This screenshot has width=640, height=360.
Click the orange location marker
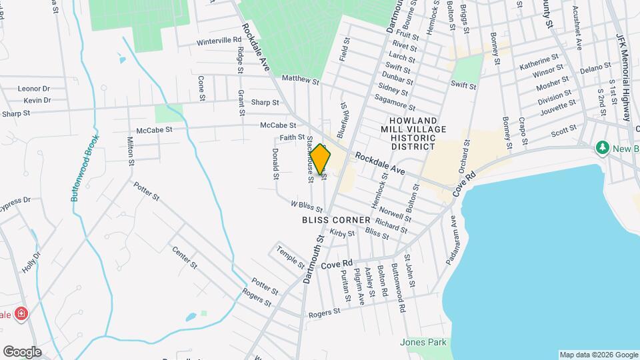click(321, 159)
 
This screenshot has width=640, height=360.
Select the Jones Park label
click(423, 342)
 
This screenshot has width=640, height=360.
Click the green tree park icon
click(603, 146)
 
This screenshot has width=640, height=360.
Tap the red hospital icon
click(21, 313)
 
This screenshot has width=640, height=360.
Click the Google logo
click(21, 352)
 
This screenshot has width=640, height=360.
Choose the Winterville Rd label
click(219, 41)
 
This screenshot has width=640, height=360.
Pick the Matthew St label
click(301, 79)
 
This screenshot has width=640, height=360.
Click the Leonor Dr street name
click(34, 88)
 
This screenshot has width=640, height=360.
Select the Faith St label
click(291, 137)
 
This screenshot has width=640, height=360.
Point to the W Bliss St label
click(307, 205)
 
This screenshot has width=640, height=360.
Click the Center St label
click(185, 257)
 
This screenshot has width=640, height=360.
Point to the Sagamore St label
click(395, 102)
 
